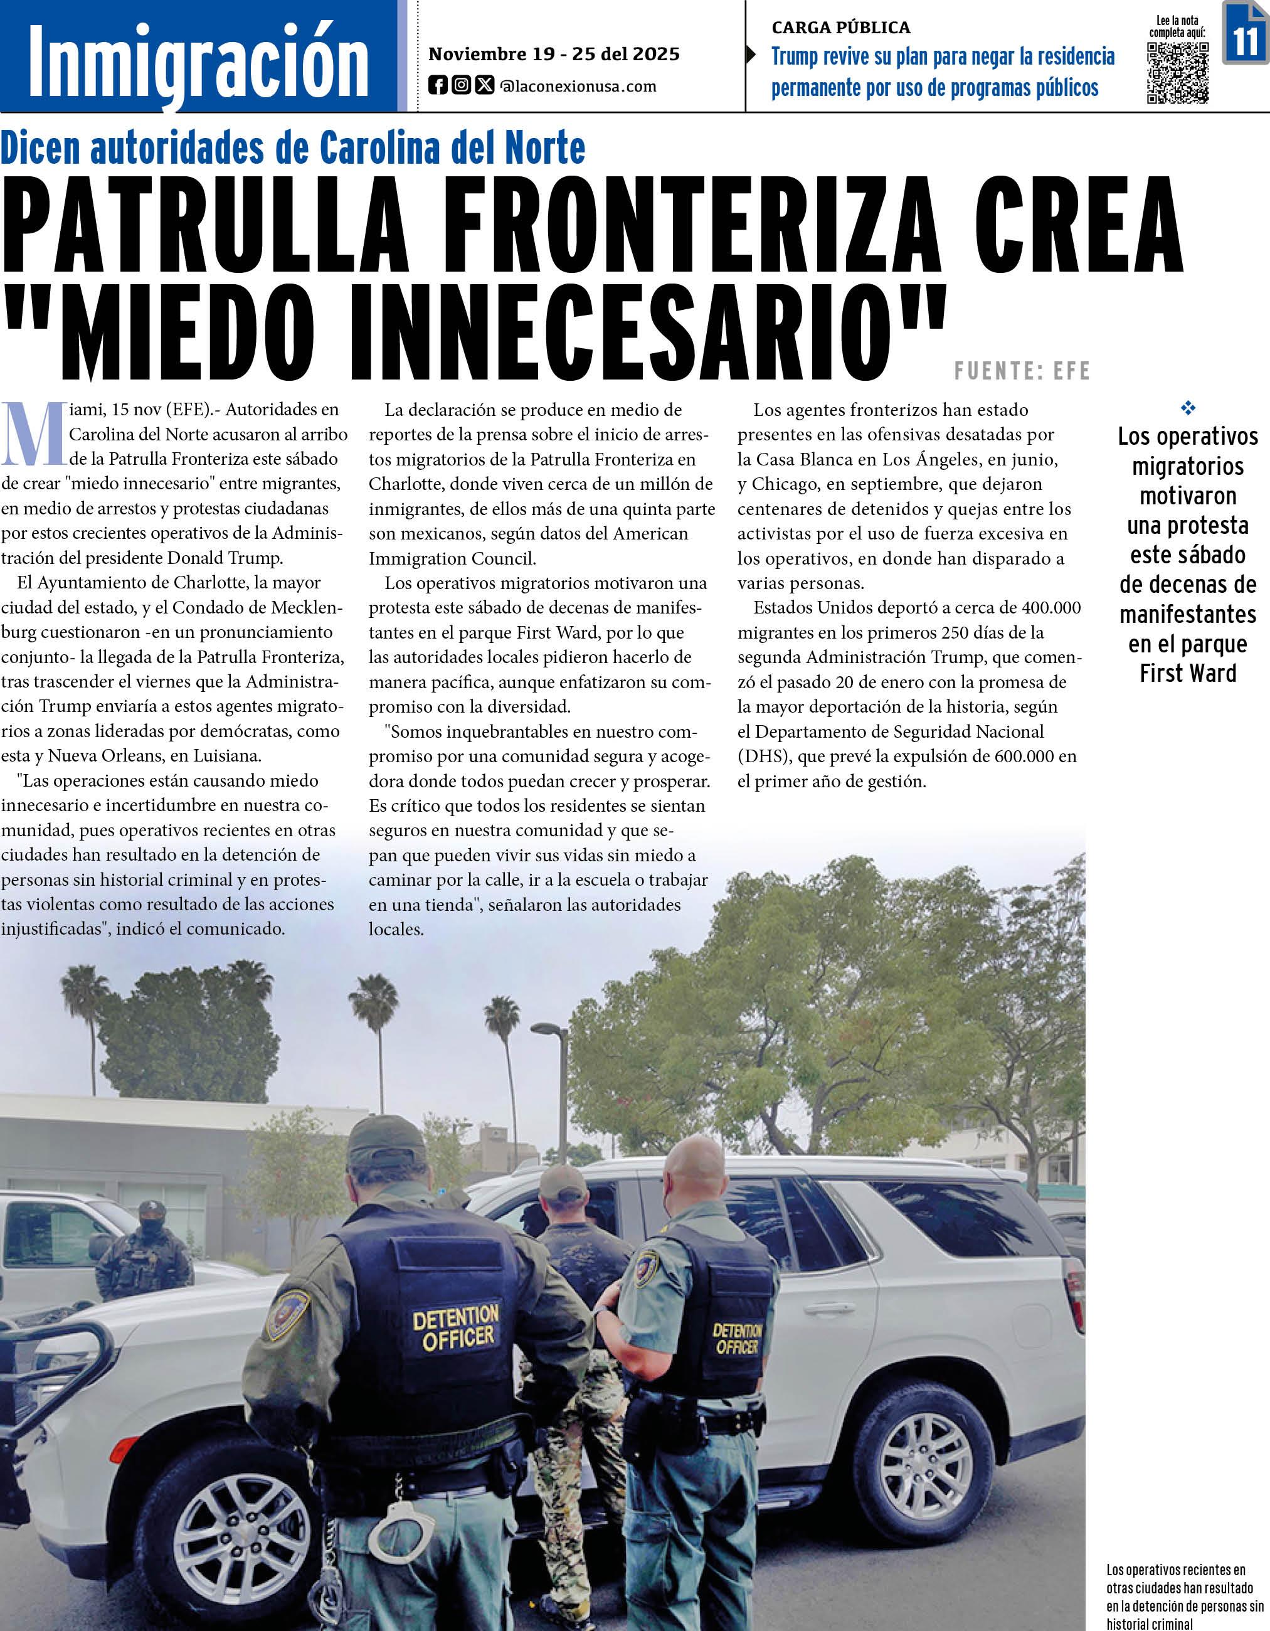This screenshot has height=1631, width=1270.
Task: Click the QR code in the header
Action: (x=1177, y=72)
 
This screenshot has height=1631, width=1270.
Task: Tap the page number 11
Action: (x=1246, y=41)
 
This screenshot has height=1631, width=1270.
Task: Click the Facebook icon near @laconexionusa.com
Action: (x=438, y=86)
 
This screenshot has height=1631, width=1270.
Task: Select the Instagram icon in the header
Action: (x=462, y=86)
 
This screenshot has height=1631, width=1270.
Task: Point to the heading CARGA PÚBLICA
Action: (x=840, y=28)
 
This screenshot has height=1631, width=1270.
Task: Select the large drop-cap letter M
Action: (x=33, y=432)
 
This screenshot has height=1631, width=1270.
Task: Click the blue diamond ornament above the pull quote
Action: (x=1188, y=408)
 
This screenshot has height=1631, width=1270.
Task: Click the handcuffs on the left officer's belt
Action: (x=406, y=1517)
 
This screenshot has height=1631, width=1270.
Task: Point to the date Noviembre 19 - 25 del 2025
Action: (x=554, y=54)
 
